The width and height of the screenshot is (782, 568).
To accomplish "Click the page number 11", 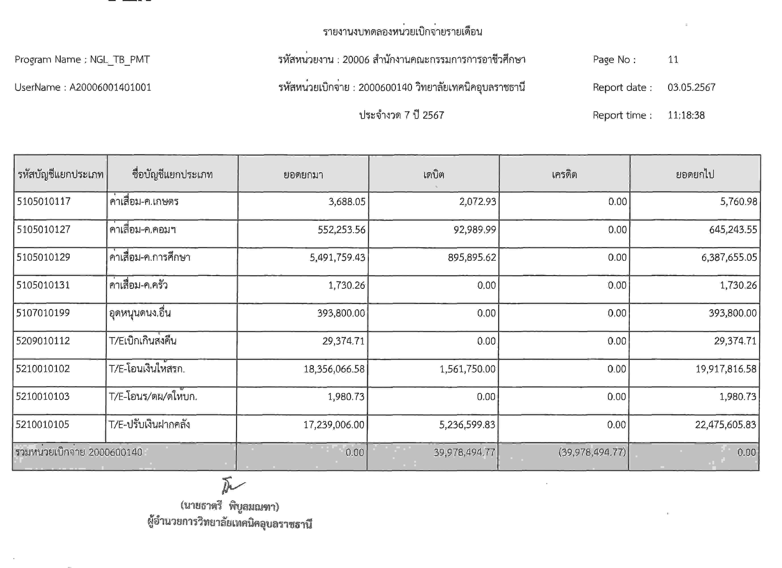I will point(673,60).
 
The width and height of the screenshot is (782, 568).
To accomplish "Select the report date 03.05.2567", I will point(691,87).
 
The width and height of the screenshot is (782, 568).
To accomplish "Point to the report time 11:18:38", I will point(686,115).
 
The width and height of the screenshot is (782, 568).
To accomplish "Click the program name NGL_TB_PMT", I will point(120,60).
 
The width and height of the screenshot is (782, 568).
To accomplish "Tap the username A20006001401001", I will point(110,87).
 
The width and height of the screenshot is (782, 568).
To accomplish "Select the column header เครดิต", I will point(564,175).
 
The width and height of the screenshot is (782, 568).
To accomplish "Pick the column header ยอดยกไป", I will point(695,175).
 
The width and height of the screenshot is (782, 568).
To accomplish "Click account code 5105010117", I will point(44,201).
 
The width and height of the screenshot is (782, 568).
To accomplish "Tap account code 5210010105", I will point(42,424).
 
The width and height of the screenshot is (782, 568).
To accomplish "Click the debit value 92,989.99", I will point(474,230).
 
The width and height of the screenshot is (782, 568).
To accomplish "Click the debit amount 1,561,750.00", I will point(467,369).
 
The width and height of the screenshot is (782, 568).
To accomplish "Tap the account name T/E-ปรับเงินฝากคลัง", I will point(149,424).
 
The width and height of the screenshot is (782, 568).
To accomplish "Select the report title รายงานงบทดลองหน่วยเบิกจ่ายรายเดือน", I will point(402,32).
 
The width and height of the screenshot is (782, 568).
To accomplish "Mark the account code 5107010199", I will point(43,313).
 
